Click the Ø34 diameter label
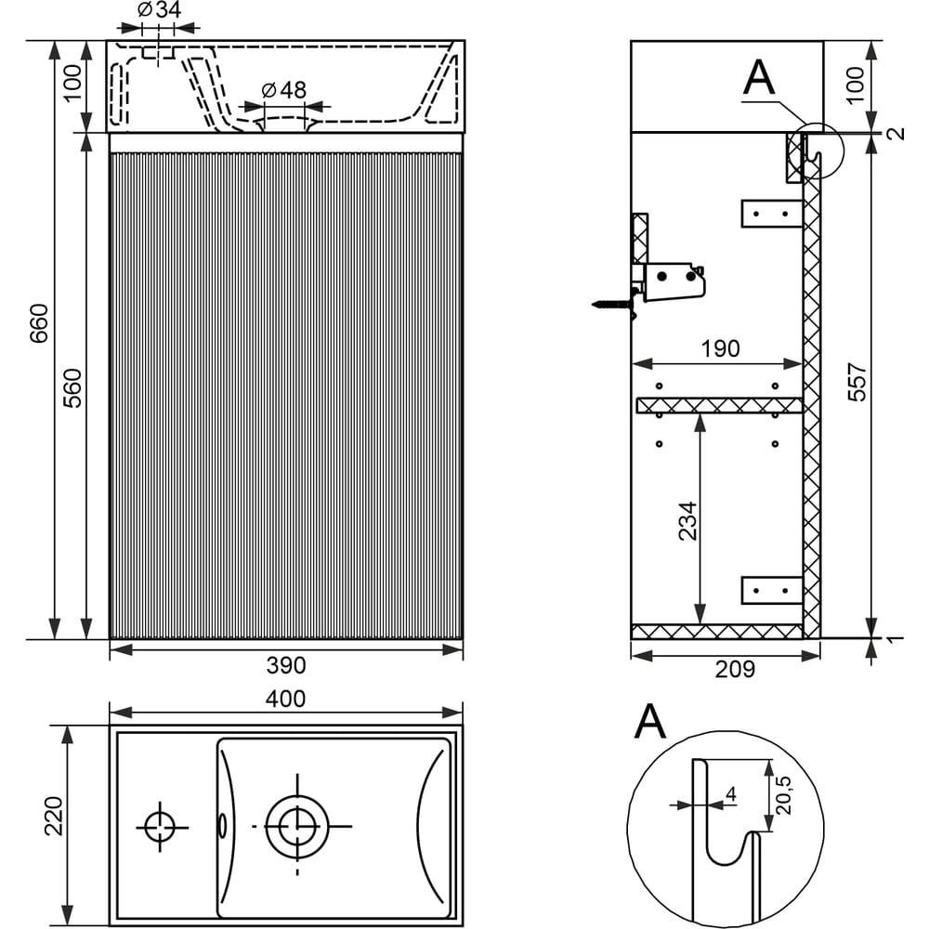tap(160, 10)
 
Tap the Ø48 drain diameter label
tap(284, 90)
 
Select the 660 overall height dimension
tap(39, 323)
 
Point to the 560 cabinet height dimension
tap(72, 388)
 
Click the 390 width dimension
tap(286, 665)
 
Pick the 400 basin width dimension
tap(285, 700)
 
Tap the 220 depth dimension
tap(54, 816)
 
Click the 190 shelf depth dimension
tap(721, 348)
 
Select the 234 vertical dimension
tap(687, 521)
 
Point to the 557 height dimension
tap(857, 382)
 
